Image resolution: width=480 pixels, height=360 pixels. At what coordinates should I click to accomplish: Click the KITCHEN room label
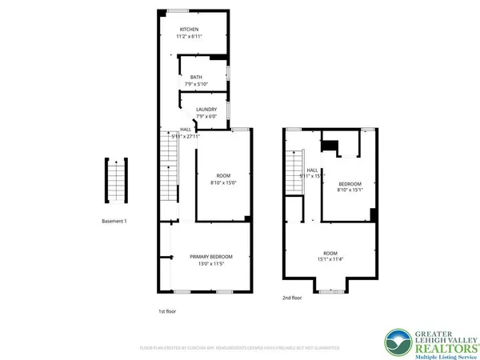(x=189, y=30)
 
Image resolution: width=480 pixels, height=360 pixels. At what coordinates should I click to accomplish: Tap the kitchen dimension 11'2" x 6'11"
(x=189, y=37)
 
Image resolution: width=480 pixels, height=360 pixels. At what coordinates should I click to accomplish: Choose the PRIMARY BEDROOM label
(x=210, y=257)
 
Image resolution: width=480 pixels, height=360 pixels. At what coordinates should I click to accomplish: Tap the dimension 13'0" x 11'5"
(x=210, y=263)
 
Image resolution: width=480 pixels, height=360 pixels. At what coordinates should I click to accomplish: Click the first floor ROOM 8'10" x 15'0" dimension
(x=222, y=182)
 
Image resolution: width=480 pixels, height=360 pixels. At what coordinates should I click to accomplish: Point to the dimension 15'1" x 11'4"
(x=329, y=258)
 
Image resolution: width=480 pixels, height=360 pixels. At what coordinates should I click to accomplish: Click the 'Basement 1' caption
(x=114, y=221)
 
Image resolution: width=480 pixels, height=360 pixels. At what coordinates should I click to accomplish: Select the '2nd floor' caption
(x=292, y=297)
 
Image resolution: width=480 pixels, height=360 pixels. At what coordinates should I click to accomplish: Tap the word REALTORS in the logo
(x=439, y=347)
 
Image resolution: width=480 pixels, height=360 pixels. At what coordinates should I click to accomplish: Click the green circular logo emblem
(x=398, y=342)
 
